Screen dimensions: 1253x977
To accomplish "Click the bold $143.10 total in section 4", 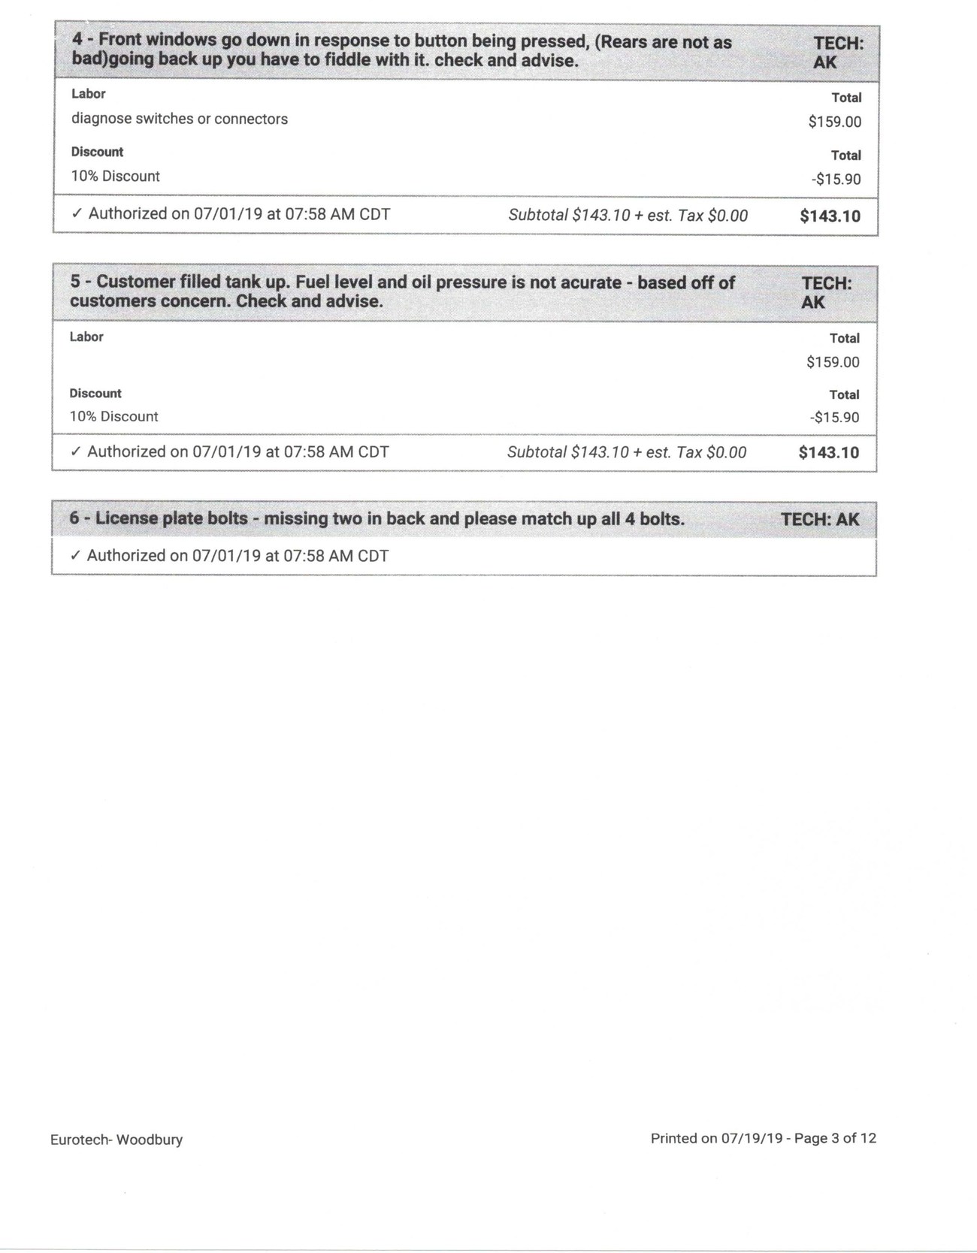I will pyautogui.click(x=830, y=216).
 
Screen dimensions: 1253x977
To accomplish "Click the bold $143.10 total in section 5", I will pyautogui.click(x=828, y=452).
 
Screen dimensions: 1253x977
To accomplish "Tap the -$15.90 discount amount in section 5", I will pyautogui.click(x=834, y=418).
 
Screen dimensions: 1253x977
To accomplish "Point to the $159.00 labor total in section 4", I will pyautogui.click(x=834, y=122).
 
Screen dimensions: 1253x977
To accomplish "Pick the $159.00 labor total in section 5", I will pyautogui.click(x=833, y=362).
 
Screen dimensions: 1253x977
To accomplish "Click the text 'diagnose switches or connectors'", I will pyautogui.click(x=180, y=119).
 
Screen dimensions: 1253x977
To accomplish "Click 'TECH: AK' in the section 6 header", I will pyautogui.click(x=819, y=519).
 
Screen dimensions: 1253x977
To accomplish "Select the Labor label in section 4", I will pyautogui.click(x=88, y=94).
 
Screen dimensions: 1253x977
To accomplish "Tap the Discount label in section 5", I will pyautogui.click(x=95, y=393).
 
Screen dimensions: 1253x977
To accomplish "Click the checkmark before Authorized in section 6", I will pyautogui.click(x=74, y=556).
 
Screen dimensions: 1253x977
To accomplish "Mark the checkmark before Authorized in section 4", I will pyautogui.click(x=76, y=214).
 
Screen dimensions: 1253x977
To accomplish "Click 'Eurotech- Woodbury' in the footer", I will pyautogui.click(x=116, y=1140).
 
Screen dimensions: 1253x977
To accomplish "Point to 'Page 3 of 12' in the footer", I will pyautogui.click(x=835, y=1138).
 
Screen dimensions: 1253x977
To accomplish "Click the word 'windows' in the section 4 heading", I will pyautogui.click(x=180, y=41).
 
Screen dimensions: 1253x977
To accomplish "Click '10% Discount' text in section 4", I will pyautogui.click(x=116, y=177).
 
